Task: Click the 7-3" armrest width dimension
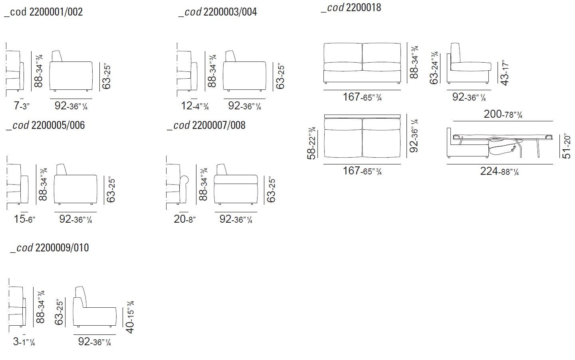(22, 106)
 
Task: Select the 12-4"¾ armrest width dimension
(195, 106)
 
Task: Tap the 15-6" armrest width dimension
(24, 220)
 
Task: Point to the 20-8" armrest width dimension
(184, 220)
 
